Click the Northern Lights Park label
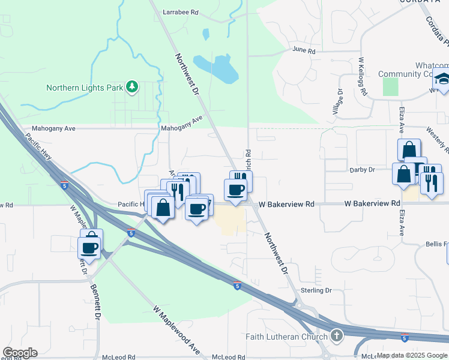(85, 88)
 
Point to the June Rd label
(304, 51)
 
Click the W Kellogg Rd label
(362, 77)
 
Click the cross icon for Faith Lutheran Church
(337, 335)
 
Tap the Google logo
(20, 353)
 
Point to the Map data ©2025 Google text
(412, 355)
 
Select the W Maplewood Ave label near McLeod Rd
(176, 329)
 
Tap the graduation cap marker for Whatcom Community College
(443, 80)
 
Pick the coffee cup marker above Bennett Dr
(89, 247)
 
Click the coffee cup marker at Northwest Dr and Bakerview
(235, 190)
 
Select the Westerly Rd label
(438, 139)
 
